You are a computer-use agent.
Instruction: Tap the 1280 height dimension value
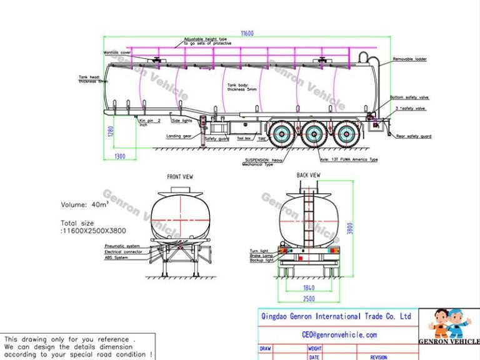[108, 132]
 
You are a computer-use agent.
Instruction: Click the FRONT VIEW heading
[180, 177]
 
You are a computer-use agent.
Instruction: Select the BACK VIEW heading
[308, 176]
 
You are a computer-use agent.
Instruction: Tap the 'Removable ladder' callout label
[411, 59]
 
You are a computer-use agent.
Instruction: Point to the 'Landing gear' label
[178, 136]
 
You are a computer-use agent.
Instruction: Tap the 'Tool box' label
[244, 138]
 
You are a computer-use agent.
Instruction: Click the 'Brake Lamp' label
[260, 255]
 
